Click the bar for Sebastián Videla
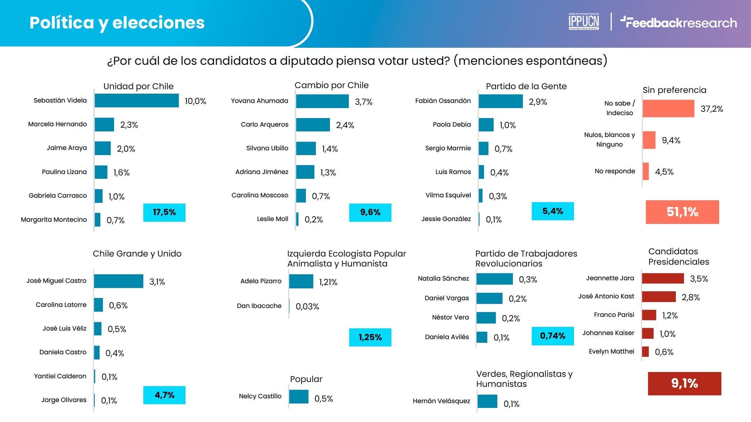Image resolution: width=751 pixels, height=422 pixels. coord(137,101)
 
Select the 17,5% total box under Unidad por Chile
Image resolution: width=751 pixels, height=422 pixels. coord(164,212)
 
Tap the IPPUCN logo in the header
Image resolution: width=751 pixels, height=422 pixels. coord(584,21)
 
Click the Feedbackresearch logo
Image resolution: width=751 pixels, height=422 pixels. coord(678,23)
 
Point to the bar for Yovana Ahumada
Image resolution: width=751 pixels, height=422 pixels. coord(322,101)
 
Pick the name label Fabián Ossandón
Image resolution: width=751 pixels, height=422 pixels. coord(443,101)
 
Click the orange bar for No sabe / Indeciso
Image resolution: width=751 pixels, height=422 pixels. coord(668,109)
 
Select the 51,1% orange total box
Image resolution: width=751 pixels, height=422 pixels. coord(682,212)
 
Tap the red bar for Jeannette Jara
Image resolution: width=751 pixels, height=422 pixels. coord(663,278)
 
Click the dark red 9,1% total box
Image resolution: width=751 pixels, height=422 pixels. coord(684,384)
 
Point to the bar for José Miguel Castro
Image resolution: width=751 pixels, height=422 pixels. coord(119,281)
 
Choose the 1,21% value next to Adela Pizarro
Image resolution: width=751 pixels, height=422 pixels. coord(328,282)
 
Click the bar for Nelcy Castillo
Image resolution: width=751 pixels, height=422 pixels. coord(298,397)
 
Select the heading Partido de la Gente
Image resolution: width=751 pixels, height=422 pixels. coord(526,86)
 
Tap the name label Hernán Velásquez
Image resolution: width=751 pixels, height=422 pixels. coord(441,401)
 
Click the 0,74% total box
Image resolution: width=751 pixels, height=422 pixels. coord(553,336)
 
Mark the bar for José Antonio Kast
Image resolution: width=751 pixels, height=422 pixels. coord(659,297)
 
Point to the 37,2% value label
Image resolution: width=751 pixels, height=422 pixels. coord(711,109)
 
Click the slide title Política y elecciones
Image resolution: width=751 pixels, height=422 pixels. coord(117,23)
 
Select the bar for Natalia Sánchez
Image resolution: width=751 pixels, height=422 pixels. coord(494,279)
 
